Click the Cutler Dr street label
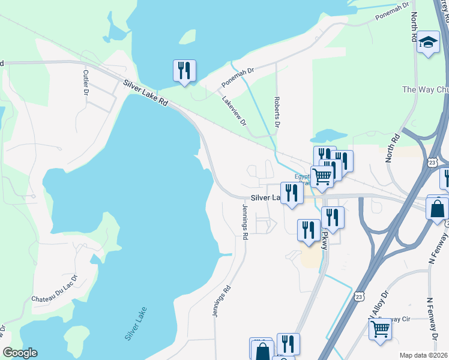[85, 82]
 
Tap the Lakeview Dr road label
[235, 111]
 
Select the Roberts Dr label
[277, 112]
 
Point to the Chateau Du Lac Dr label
[55, 289]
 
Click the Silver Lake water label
[136, 324]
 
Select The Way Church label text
[424, 90]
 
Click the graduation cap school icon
[428, 43]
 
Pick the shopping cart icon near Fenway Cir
[380, 329]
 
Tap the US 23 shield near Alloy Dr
[359, 296]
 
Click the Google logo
[19, 353]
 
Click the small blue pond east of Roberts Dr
[329, 135]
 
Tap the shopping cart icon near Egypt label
[322, 176]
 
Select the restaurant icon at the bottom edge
[288, 344]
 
